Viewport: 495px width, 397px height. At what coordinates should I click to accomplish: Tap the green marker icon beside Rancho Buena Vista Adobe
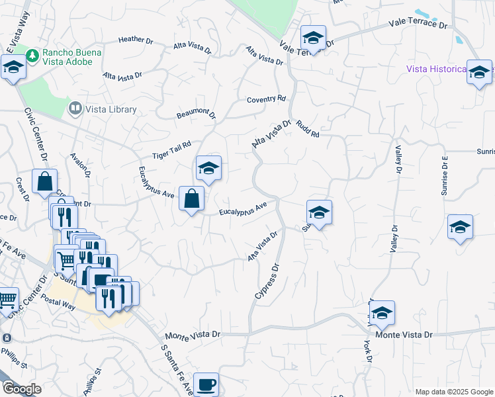tap(32, 53)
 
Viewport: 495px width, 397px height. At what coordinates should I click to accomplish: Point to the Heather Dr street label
tap(136, 40)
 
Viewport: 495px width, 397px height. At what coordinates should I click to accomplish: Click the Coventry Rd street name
tap(266, 99)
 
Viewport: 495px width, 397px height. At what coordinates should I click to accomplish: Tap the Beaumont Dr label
tap(197, 114)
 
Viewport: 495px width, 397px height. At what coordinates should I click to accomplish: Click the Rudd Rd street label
tap(308, 128)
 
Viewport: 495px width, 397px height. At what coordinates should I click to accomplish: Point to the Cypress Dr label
tap(267, 281)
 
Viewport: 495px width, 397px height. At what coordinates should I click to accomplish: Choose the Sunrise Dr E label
tap(445, 176)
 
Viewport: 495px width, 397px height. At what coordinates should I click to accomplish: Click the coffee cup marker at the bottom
tap(206, 384)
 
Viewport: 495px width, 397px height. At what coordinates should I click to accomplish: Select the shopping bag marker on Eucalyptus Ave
tap(191, 198)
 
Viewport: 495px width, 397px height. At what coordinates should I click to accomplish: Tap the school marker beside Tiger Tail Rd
tap(208, 169)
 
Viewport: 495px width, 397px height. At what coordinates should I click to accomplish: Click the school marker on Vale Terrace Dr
tap(313, 38)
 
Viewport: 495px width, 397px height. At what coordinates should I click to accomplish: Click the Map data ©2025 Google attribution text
tap(453, 392)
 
